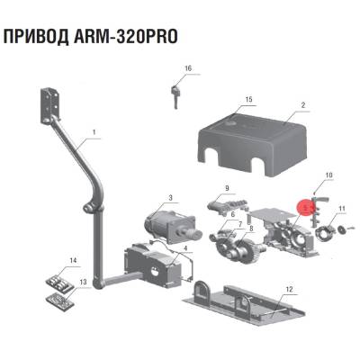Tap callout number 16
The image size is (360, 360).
(188, 69)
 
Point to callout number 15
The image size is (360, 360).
(247, 99)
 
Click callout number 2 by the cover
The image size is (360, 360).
(303, 105)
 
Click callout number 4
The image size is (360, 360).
(184, 247)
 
